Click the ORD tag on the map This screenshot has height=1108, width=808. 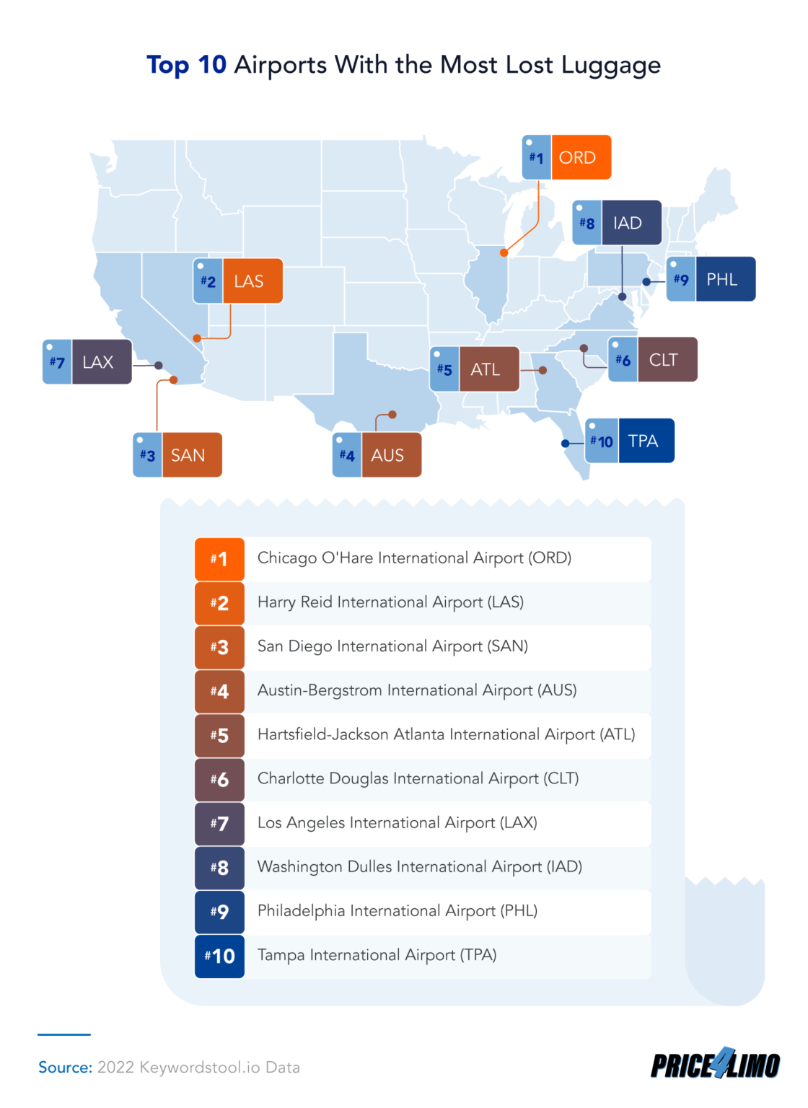567,157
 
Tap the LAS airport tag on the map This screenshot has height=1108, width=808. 238,281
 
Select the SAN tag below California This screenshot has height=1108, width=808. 177,454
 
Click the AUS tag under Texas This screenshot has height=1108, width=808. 377,454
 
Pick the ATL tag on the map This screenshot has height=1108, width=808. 475,369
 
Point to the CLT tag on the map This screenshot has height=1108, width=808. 653,359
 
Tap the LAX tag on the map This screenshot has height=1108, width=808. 87,361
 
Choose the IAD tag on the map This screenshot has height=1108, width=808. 618,223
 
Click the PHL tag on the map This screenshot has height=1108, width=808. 711,279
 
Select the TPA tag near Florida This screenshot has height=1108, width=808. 630,441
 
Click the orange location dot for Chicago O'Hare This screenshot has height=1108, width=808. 504,252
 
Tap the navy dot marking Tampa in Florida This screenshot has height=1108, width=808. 566,444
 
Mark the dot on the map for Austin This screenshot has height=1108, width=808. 392,415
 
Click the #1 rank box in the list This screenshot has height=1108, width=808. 219,558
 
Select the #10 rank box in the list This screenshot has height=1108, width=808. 219,956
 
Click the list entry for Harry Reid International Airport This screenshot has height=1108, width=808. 390,602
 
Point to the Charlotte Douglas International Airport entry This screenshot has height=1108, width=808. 418,779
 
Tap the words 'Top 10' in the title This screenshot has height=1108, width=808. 187,65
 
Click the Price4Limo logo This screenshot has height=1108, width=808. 715,1064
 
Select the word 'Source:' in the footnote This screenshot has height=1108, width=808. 65,1068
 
